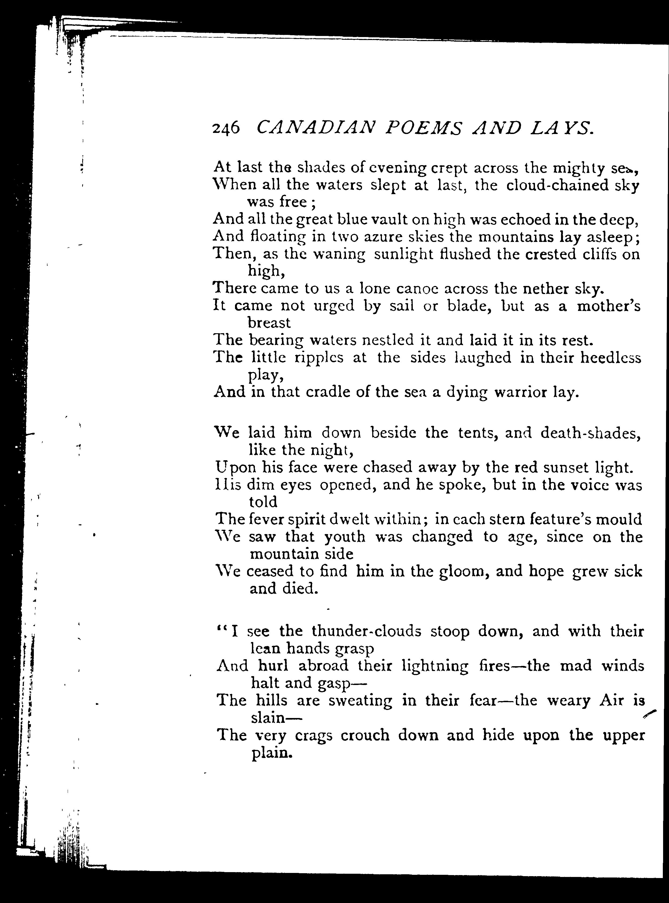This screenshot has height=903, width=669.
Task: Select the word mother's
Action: (609, 306)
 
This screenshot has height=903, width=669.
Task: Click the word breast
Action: (269, 323)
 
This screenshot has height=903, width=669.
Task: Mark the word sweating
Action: (360, 701)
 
